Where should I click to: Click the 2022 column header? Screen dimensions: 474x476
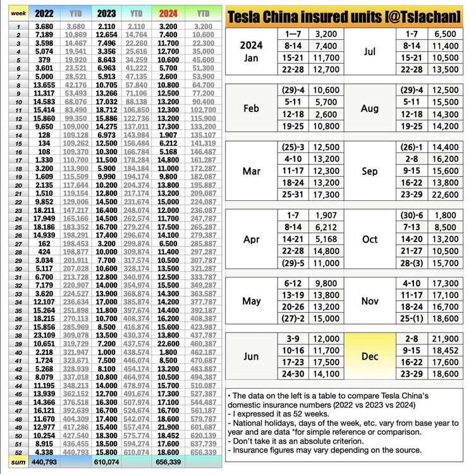44,12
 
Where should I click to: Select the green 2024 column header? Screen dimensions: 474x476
169,12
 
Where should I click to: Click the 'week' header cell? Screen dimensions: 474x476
18,12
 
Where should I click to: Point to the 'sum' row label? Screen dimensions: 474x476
18,463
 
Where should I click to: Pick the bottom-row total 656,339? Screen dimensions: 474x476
168,463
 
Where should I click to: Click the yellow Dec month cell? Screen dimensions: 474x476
370,356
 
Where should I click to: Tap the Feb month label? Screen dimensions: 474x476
251,108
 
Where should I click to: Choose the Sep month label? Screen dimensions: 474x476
370,171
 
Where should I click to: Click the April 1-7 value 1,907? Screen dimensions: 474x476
322,215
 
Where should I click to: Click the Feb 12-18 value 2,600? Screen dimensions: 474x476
322,114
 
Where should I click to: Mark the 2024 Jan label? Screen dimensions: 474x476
251,52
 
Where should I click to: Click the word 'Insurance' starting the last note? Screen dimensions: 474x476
250,449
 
